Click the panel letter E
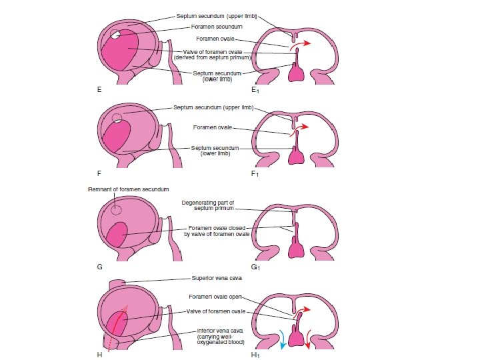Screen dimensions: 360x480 pos(99,89)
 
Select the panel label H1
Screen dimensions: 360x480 pos(255,355)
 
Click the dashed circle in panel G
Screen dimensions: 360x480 pos(117,209)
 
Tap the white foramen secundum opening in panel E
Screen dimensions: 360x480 pos(116,35)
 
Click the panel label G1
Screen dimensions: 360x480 pos(255,267)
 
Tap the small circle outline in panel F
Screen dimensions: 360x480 pos(117,118)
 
